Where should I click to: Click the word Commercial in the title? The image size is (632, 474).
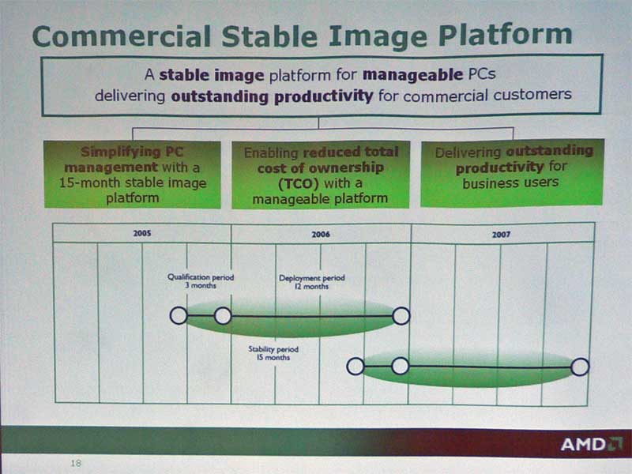[x=122, y=36]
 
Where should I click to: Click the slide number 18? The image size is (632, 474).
[x=76, y=463]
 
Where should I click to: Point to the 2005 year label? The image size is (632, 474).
[x=142, y=233]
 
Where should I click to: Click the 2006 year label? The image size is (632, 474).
[x=321, y=234]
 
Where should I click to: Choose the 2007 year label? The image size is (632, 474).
[x=501, y=234]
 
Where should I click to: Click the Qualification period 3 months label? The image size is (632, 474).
[x=201, y=281]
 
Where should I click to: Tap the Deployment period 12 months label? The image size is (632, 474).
[x=311, y=282]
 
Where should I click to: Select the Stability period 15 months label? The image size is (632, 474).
[x=273, y=353]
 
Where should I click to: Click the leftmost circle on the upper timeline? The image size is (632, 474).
[x=179, y=315]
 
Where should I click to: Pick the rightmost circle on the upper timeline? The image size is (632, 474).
[x=401, y=315]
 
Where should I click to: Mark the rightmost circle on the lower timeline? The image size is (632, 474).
[x=580, y=367]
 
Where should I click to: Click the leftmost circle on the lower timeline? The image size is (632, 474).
[x=355, y=367]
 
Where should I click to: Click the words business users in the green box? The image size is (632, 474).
[x=510, y=183]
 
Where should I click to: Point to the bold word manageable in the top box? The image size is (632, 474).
[x=412, y=75]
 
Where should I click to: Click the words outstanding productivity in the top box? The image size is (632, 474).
[x=272, y=96]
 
